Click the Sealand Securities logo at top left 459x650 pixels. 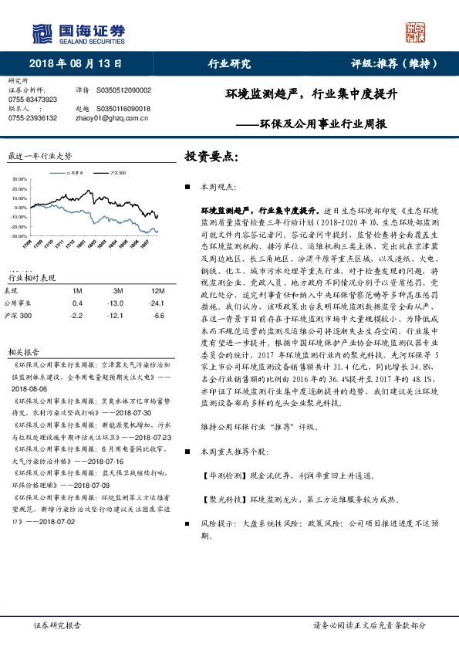pyautogui.click(x=78, y=32)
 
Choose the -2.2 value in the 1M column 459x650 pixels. pyautogui.click(x=76, y=316)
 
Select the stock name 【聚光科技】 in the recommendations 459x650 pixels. pyautogui.click(x=222, y=499)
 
